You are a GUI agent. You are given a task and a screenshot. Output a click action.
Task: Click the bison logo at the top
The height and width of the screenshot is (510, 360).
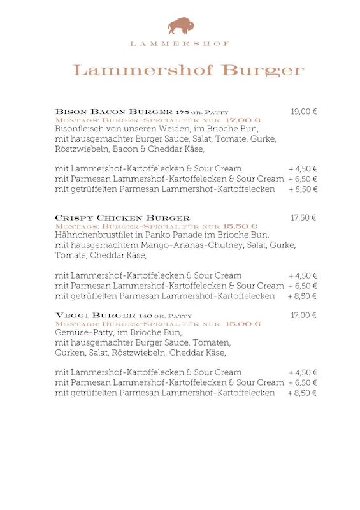click(181, 26)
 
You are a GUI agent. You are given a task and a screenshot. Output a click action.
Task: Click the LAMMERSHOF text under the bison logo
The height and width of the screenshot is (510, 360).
click(180, 43)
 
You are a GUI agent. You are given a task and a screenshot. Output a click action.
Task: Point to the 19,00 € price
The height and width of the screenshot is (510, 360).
click(304, 112)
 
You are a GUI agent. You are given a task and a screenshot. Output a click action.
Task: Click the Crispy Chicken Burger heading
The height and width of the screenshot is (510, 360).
click(122, 218)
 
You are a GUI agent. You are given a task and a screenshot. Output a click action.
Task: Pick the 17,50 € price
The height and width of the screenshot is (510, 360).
click(304, 218)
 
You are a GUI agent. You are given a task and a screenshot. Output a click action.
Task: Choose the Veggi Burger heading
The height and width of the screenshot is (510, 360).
click(96, 316)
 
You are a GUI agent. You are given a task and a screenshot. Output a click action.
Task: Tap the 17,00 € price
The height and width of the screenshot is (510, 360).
click(304, 316)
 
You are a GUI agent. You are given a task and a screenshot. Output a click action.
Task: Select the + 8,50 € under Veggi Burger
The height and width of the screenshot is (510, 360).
click(303, 393)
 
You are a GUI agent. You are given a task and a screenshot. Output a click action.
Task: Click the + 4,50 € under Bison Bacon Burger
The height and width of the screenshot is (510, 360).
click(303, 169)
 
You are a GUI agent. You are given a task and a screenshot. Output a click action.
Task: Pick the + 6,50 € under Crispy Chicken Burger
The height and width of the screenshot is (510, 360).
click(303, 286)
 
